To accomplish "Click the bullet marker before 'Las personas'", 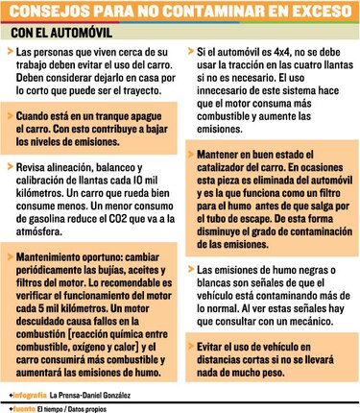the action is pyautogui.click(x=12, y=49).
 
